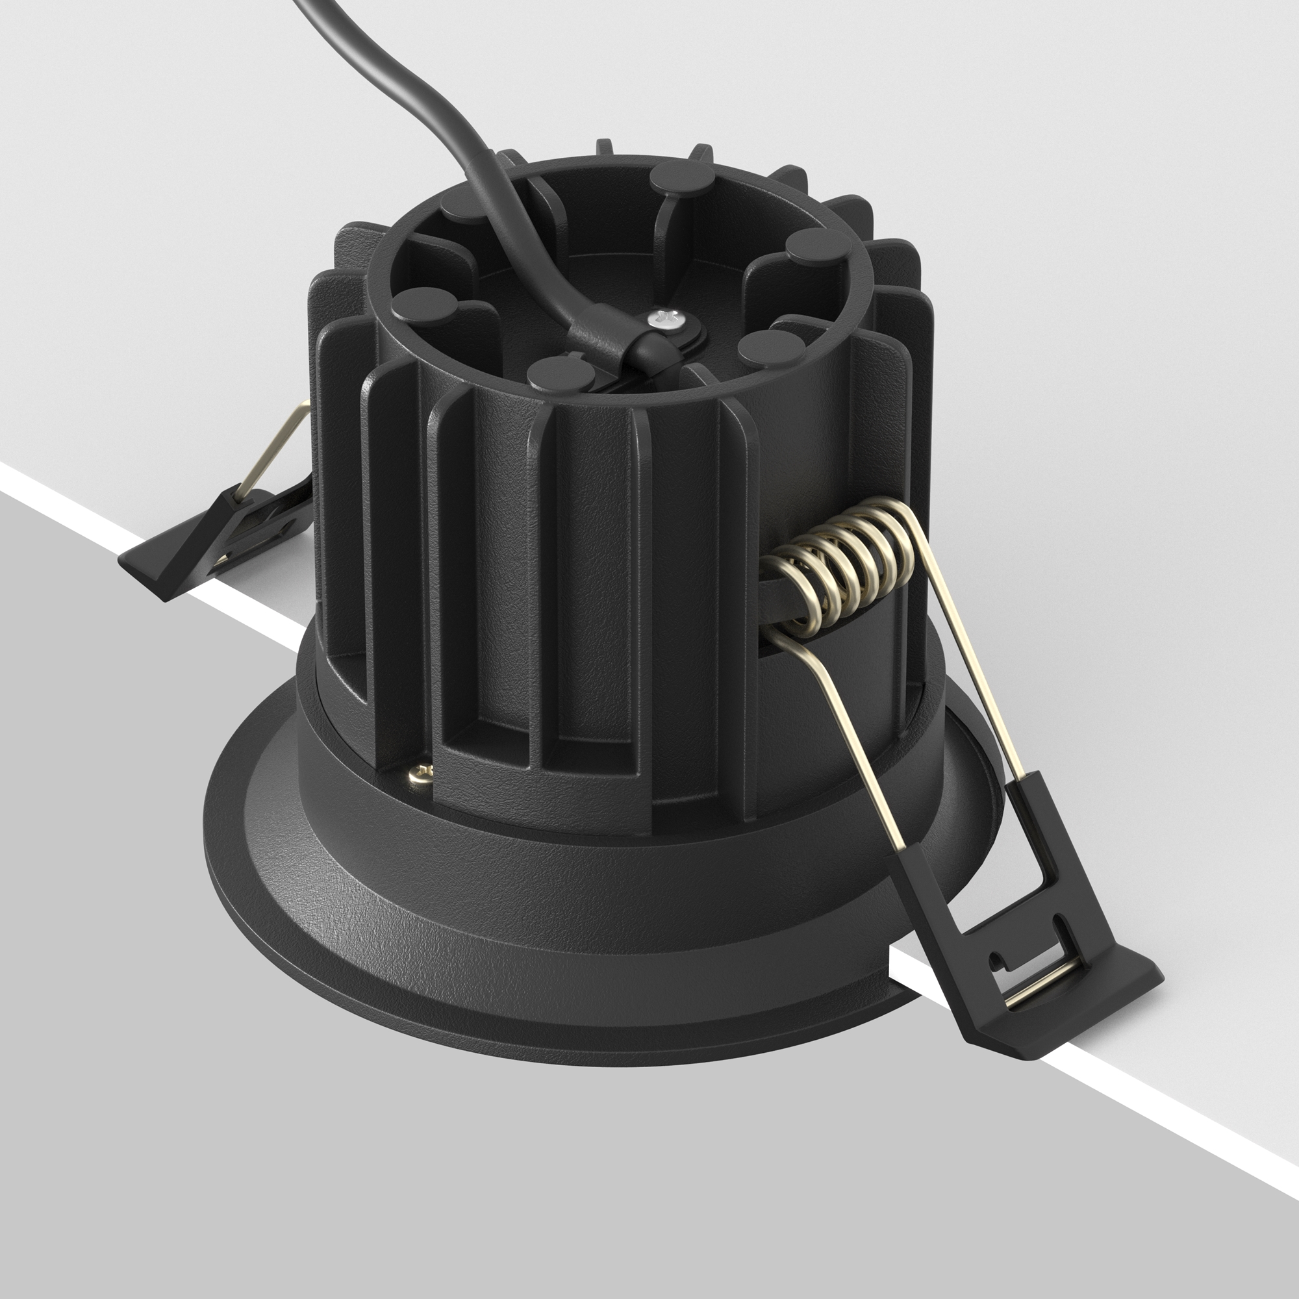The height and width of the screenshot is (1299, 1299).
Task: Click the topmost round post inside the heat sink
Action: click(679, 176)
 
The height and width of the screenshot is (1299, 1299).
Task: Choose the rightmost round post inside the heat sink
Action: click(817, 246)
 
